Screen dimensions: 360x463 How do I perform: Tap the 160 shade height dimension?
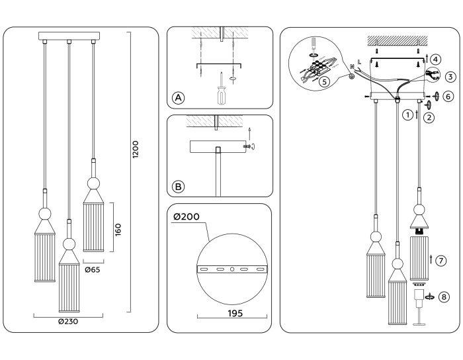click(x=118, y=228)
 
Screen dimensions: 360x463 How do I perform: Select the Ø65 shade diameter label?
click(x=93, y=269)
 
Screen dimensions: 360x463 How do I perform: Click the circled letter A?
click(x=178, y=98)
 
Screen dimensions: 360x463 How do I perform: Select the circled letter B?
click(x=178, y=187)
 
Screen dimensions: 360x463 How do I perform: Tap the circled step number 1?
click(x=407, y=114)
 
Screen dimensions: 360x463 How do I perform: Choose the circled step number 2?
click(x=429, y=118)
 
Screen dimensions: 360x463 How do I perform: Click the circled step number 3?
click(x=450, y=77)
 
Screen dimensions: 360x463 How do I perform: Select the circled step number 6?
click(x=448, y=96)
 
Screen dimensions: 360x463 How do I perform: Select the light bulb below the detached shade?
click(x=419, y=296)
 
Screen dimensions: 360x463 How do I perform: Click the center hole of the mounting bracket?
click(x=232, y=269)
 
